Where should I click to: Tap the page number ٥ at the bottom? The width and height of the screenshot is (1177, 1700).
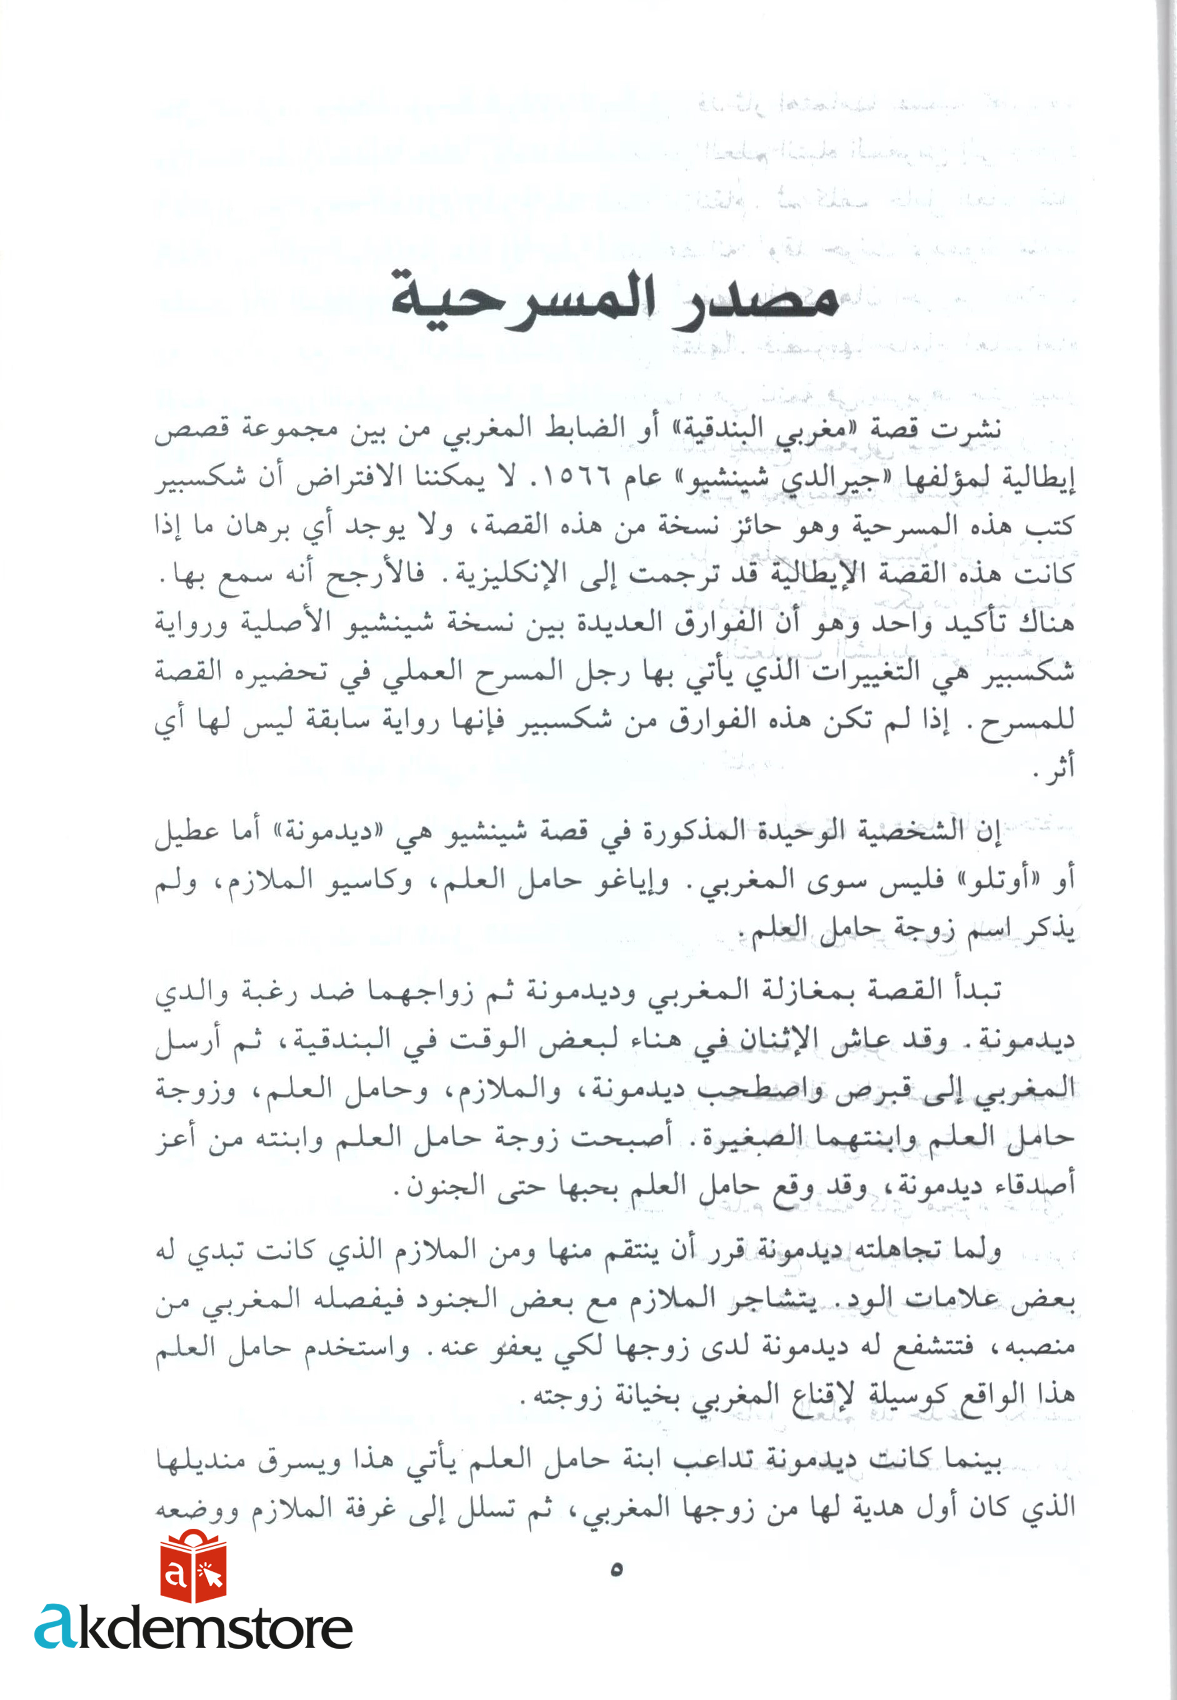tap(616, 1569)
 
